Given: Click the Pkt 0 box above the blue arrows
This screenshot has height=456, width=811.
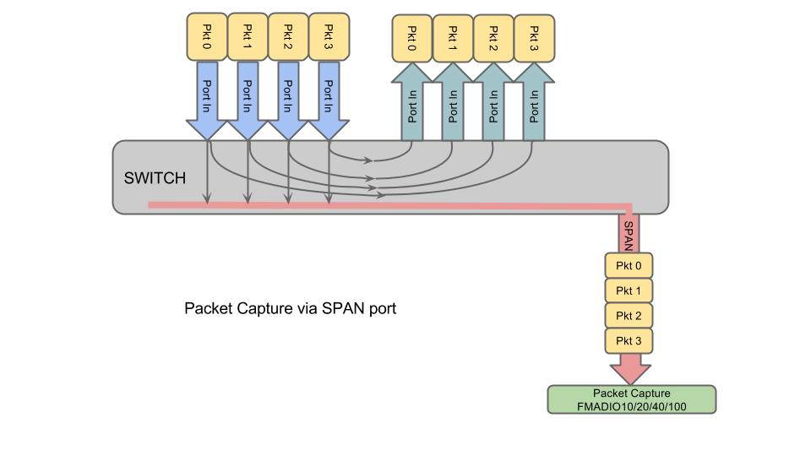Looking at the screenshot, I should point(206,37).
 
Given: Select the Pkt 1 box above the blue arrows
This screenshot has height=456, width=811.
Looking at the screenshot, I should point(248,37).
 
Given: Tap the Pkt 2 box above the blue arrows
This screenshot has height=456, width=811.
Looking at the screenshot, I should point(288,37).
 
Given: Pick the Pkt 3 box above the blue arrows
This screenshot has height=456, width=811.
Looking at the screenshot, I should point(329,37).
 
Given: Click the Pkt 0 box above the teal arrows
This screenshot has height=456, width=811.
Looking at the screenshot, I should point(412,38).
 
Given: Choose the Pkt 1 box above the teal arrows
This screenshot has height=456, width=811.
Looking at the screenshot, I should point(453,38).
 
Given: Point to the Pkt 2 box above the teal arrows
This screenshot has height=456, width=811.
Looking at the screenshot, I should point(493,38).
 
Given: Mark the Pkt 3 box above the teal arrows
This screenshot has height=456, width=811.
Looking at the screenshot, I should point(534,38).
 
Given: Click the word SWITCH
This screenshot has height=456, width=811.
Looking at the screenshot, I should point(155,178).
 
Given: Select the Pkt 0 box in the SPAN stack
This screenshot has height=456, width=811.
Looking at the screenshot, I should point(629,265).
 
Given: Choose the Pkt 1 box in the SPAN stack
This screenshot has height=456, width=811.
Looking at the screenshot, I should point(629,290).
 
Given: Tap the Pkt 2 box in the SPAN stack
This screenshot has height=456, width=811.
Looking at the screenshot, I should point(629,315).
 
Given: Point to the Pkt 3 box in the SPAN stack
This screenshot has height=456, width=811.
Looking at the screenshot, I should point(629,340).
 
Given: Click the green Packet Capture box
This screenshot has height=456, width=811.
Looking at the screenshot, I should point(631,399).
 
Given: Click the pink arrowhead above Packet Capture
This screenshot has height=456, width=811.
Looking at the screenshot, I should point(630,371).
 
